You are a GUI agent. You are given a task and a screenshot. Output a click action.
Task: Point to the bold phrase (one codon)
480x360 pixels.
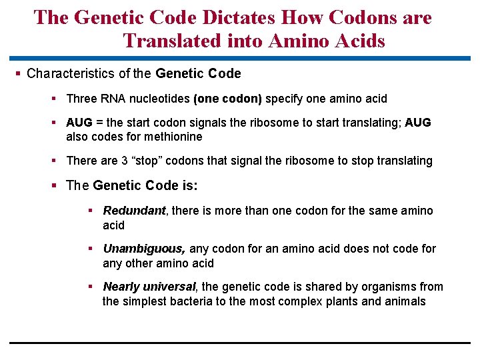point(227,99)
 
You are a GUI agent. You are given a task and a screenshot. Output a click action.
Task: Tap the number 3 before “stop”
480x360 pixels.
point(121,161)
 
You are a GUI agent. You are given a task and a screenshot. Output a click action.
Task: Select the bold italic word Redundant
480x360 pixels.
point(134,211)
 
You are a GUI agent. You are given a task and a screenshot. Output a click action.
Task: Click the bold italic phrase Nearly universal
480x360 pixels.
point(149,287)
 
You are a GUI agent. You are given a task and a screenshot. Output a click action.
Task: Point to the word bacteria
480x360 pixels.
point(175,301)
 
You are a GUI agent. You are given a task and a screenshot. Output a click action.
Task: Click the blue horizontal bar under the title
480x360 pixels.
point(240,58)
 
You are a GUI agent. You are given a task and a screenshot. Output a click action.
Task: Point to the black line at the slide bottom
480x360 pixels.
point(240,343)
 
